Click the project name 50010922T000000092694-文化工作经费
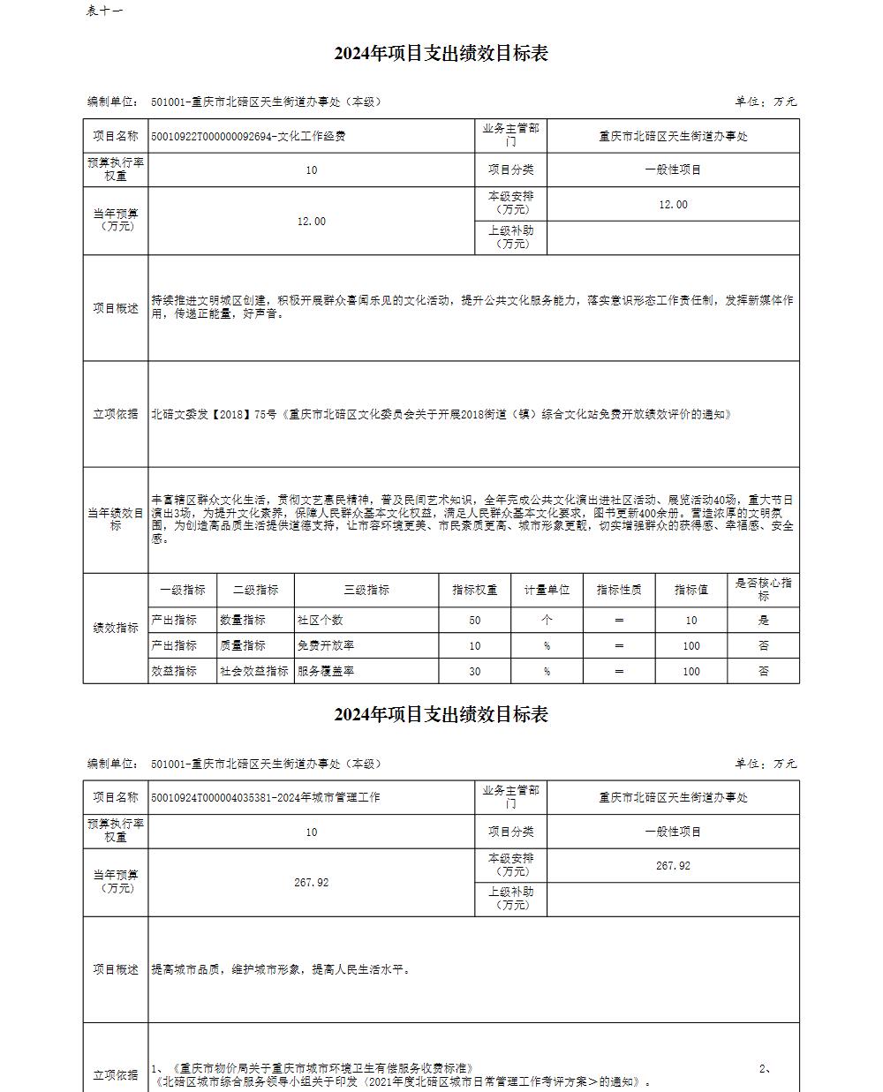tap(248, 136)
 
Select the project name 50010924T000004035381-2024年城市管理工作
tap(266, 797)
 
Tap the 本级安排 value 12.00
tap(673, 204)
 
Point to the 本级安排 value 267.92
tap(673, 866)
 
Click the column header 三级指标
tap(366, 590)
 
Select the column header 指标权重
tap(475, 590)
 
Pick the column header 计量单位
tap(547, 590)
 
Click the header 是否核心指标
tap(764, 590)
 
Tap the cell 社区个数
tap(321, 621)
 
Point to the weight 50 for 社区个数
tap(475, 621)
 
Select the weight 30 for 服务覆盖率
tap(475, 671)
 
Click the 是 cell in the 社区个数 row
tap(764, 621)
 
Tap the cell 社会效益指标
tap(254, 671)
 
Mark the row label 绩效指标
tap(116, 629)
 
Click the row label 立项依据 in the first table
tap(116, 414)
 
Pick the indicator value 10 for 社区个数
tap(691, 621)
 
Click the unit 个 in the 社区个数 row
tap(547, 621)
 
